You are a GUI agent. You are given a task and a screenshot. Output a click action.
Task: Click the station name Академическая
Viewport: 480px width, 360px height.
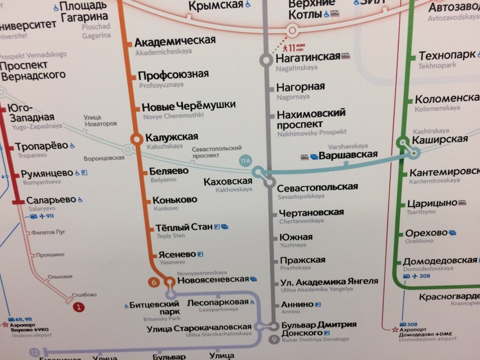[175, 41]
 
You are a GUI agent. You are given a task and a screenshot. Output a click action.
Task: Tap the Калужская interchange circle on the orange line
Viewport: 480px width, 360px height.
[136, 139]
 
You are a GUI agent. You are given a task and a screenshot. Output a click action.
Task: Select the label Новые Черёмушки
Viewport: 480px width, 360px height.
[188, 106]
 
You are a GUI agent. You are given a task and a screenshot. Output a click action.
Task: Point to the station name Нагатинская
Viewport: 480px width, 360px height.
[308, 57]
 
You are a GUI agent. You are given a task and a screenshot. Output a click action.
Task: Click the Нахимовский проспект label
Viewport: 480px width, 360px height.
[311, 119]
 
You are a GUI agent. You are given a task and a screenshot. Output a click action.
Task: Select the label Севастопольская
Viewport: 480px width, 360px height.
[318, 187]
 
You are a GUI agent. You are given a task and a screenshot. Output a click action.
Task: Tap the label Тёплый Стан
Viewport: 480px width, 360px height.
[184, 227]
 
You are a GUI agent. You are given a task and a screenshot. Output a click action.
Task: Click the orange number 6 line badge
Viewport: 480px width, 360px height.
[155, 283]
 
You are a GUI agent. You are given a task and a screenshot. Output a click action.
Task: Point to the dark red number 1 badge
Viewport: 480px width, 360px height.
[79, 307]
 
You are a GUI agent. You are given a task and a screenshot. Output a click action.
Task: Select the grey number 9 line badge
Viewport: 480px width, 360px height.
[273, 339]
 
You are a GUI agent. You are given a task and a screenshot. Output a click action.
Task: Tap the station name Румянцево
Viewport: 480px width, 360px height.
[47, 173]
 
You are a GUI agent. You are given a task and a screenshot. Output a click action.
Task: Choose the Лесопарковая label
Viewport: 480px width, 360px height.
[217, 302]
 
